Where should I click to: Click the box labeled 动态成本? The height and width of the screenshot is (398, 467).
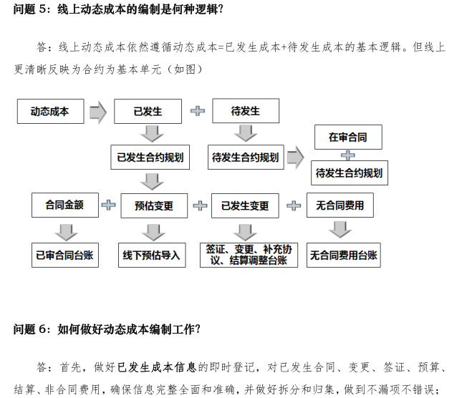pyautogui.click(x=50, y=112)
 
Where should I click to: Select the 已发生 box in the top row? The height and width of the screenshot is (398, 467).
pyautogui.click(x=148, y=112)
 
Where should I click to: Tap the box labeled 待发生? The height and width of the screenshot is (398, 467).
pyautogui.click(x=245, y=112)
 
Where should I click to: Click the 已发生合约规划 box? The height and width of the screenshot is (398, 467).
pyautogui.click(x=150, y=157)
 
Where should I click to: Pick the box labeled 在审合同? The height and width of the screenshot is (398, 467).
pyautogui.click(x=348, y=137)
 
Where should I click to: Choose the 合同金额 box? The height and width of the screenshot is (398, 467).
pyautogui.click(x=64, y=205)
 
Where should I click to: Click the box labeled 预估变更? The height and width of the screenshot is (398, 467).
pyautogui.click(x=154, y=206)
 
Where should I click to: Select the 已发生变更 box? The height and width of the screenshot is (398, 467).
pyautogui.click(x=245, y=206)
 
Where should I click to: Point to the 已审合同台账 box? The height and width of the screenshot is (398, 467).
pyautogui.click(x=64, y=255)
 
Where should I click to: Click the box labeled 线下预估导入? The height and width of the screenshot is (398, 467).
pyautogui.click(x=151, y=255)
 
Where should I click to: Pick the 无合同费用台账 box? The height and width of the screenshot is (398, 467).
pyautogui.click(x=344, y=255)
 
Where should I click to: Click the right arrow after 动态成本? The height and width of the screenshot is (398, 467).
pyautogui.click(x=98, y=112)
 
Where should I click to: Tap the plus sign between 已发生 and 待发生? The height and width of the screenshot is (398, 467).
pyautogui.click(x=197, y=112)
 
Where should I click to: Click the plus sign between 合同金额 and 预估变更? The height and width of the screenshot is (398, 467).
pyautogui.click(x=108, y=206)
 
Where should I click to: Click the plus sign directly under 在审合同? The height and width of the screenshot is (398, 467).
pyautogui.click(x=348, y=155)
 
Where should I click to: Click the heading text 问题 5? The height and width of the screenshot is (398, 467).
pyautogui.click(x=32, y=9)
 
